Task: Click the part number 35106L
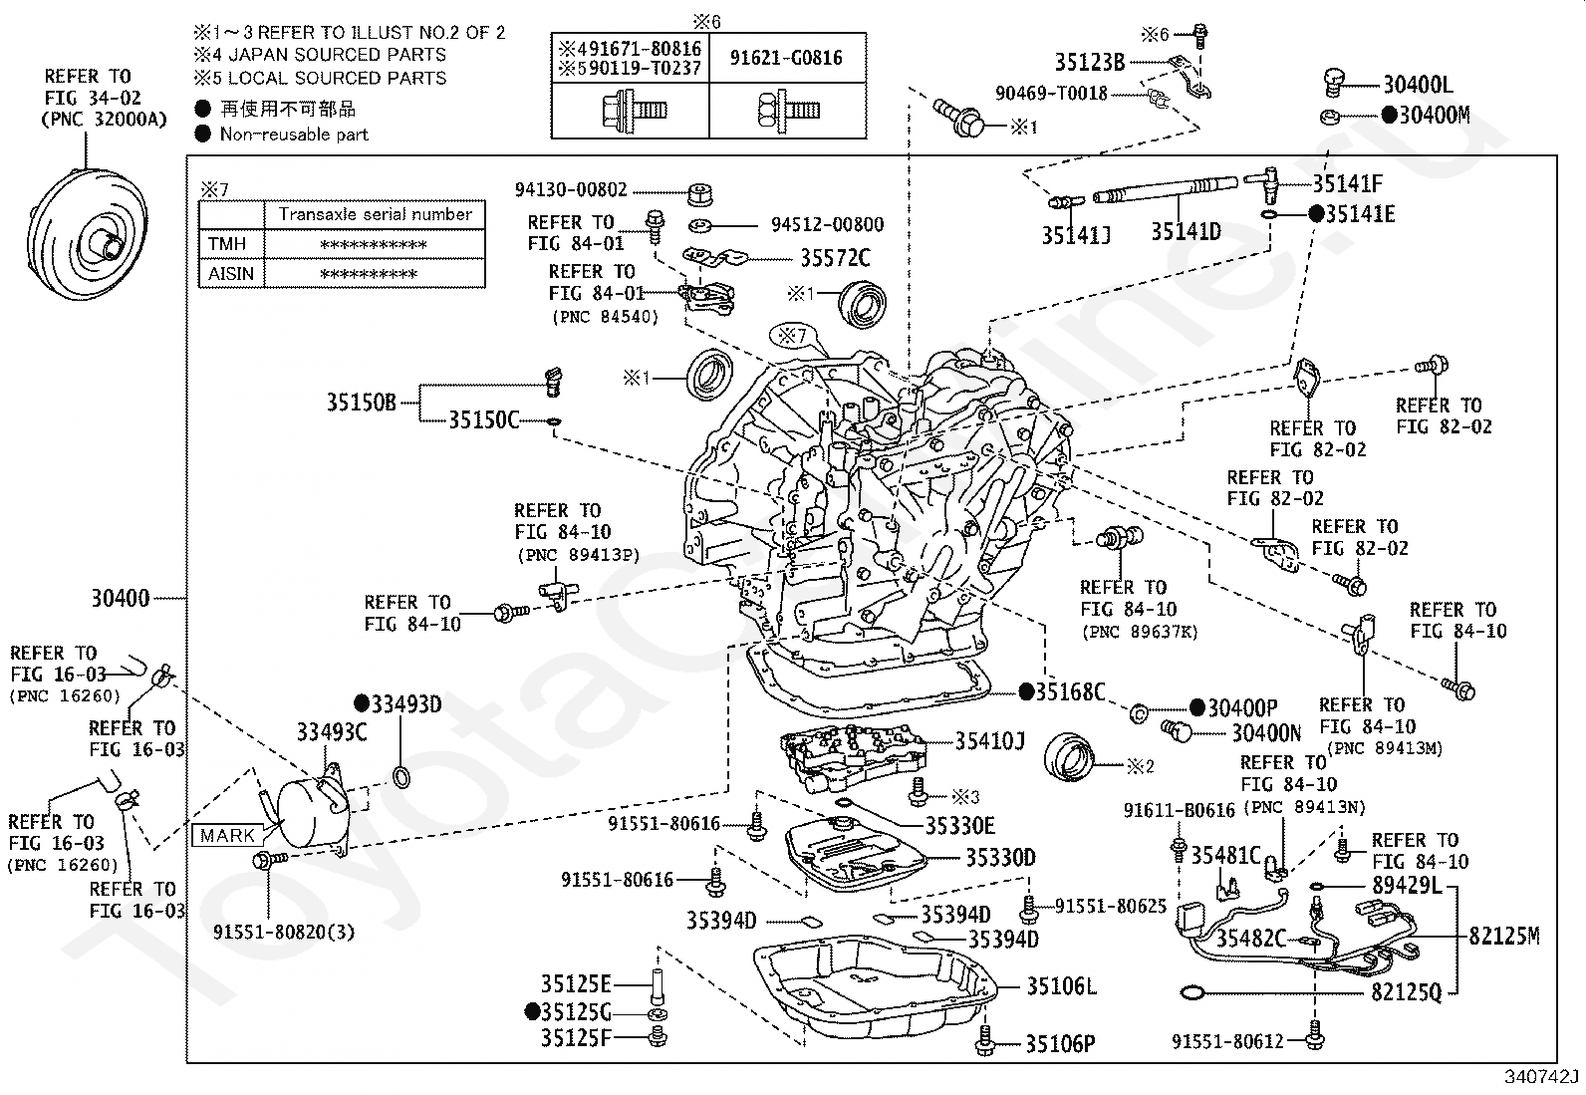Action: tap(1061, 985)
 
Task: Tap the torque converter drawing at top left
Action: tap(87, 233)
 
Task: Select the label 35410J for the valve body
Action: tap(990, 741)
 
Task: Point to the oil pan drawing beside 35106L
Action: tap(875, 988)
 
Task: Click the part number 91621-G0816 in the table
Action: tap(786, 58)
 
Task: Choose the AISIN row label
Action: tap(231, 273)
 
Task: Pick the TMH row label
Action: tap(226, 244)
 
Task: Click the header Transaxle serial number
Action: tap(376, 214)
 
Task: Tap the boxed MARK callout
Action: tap(226, 836)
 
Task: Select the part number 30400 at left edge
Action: tap(121, 599)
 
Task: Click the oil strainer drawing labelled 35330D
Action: tap(856, 854)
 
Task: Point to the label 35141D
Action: tap(1186, 231)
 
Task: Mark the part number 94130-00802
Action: tap(571, 190)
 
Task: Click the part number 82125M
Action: tap(1504, 936)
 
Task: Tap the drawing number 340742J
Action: tap(1541, 1077)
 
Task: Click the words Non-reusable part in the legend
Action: tap(294, 134)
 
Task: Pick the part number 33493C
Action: tap(332, 731)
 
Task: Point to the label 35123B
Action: tap(1090, 63)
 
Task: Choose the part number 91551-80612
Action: tap(1227, 1041)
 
